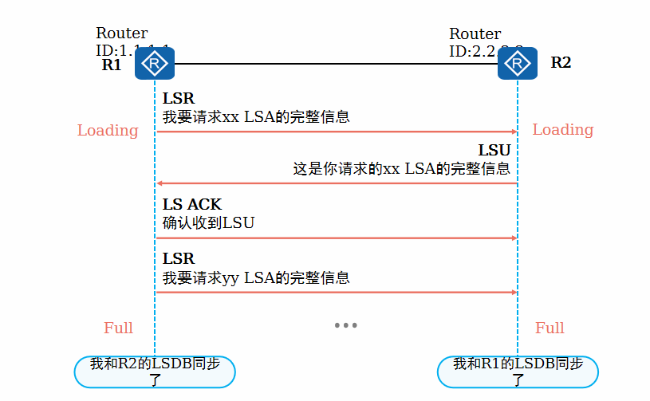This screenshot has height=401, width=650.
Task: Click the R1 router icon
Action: [x=154, y=63]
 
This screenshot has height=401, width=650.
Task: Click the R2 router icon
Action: [x=518, y=63]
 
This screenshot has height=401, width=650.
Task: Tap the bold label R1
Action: [x=112, y=65]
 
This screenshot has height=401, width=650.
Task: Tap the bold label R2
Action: [x=561, y=63]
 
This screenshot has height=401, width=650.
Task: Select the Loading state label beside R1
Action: [x=108, y=130]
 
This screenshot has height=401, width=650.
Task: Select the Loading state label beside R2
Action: [x=563, y=130]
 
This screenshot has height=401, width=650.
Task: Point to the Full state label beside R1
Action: [x=118, y=328]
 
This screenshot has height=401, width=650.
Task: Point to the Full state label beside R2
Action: [x=550, y=328]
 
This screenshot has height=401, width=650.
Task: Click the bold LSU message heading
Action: [x=494, y=151]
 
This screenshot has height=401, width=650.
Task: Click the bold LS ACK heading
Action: [x=192, y=205]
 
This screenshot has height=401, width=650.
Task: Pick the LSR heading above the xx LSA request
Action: [x=179, y=99]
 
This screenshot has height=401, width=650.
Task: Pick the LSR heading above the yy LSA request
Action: [x=179, y=259]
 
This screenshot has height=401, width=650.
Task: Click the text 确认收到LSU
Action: [x=208, y=223]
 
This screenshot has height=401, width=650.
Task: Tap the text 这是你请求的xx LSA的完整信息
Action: [x=401, y=169]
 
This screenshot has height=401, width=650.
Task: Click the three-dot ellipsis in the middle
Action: [x=345, y=325]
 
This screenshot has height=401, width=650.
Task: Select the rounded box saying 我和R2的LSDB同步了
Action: [x=155, y=372]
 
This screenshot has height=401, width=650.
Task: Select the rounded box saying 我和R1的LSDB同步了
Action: [x=518, y=372]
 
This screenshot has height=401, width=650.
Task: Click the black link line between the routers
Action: [x=335, y=63]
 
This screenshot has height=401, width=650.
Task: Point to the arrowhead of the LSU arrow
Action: [x=159, y=183]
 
